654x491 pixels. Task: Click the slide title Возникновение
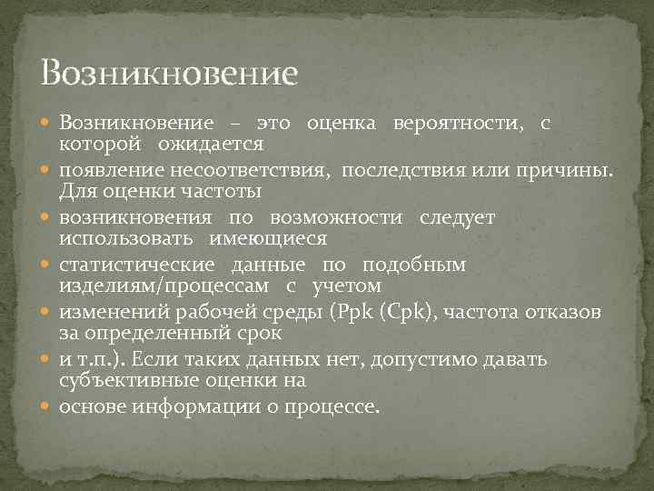click(169, 71)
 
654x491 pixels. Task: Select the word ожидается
click(211, 144)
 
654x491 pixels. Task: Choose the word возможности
click(341, 217)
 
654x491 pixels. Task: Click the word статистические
click(137, 265)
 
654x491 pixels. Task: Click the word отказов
click(570, 312)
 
